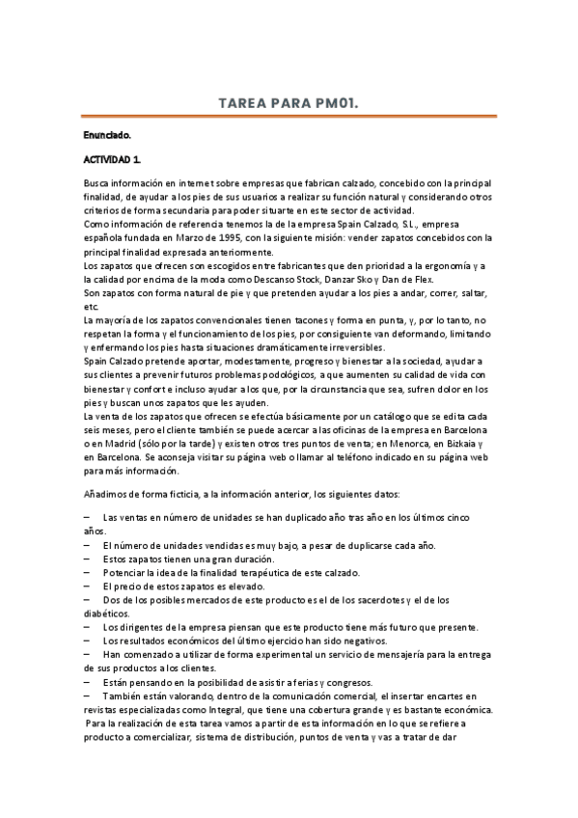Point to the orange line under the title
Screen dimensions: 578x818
tap(289, 116)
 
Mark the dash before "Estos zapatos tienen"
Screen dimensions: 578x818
tap(88, 559)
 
